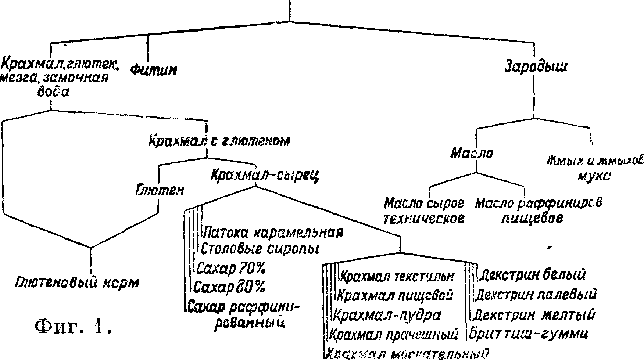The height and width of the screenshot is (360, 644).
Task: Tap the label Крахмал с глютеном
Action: pos(219,141)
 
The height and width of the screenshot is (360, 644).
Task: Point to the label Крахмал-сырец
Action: pos(265,176)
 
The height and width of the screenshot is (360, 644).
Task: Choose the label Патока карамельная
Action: pos(273,233)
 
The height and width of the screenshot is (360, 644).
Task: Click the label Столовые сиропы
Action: pos(260,249)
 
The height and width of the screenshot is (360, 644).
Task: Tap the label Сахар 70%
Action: pos(231,269)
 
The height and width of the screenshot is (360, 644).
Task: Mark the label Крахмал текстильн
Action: pos(398,276)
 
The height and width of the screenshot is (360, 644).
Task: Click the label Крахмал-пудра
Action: pos(388,315)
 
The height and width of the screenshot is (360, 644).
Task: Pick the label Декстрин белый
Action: pos(533,274)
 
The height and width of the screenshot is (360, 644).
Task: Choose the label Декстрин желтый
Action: pos(534,315)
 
